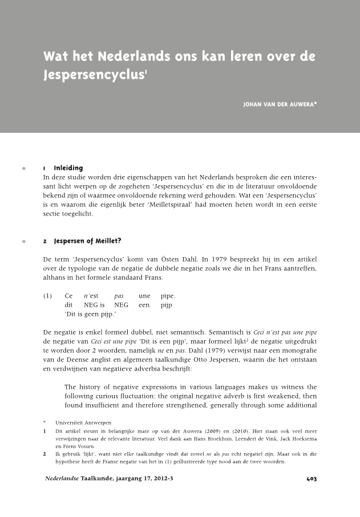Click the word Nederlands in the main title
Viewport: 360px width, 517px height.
134,58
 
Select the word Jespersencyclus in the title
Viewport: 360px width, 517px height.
93,75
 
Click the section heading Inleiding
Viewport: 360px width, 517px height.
68,168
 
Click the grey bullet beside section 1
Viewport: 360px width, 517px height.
23,169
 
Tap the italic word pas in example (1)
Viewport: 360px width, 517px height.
119,296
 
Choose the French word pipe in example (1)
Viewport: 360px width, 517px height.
168,296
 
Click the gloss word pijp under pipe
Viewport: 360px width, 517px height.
167,306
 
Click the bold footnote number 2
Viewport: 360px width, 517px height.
45,454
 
